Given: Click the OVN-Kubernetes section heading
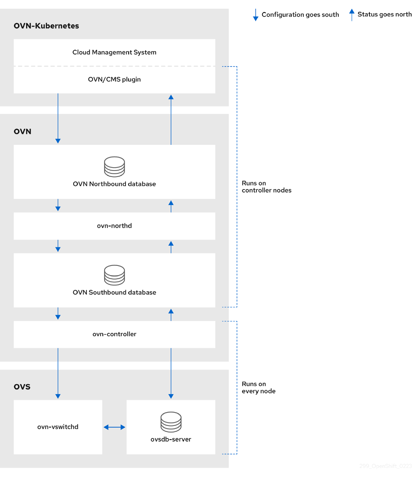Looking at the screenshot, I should click(x=46, y=26).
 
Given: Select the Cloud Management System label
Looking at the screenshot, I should click(x=114, y=52).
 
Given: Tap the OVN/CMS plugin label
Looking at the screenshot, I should click(x=114, y=79).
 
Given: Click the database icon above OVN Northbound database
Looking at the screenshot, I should click(x=114, y=167).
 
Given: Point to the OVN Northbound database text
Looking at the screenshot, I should click(x=114, y=184).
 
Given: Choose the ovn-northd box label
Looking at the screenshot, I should click(x=114, y=226).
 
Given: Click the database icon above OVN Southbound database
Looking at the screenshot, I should click(x=114, y=275).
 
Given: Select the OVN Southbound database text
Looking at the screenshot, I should click(x=114, y=292).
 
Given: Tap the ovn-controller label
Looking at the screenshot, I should click(x=114, y=334).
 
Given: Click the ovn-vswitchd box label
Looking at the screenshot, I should click(x=58, y=427).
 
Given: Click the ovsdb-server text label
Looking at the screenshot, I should click(x=171, y=439).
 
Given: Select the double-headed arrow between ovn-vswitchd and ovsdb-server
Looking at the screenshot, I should click(x=114, y=427).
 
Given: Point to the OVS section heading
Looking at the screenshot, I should click(x=22, y=387).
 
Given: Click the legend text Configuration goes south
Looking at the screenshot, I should click(x=300, y=14).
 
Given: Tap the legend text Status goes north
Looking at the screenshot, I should click(x=384, y=14).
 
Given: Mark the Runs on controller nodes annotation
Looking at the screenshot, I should click(x=266, y=187).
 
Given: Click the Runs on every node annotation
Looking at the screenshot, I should click(x=258, y=387).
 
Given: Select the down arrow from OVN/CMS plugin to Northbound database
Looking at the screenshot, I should click(x=58, y=119).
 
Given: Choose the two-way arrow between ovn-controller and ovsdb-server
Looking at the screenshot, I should click(x=171, y=373).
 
